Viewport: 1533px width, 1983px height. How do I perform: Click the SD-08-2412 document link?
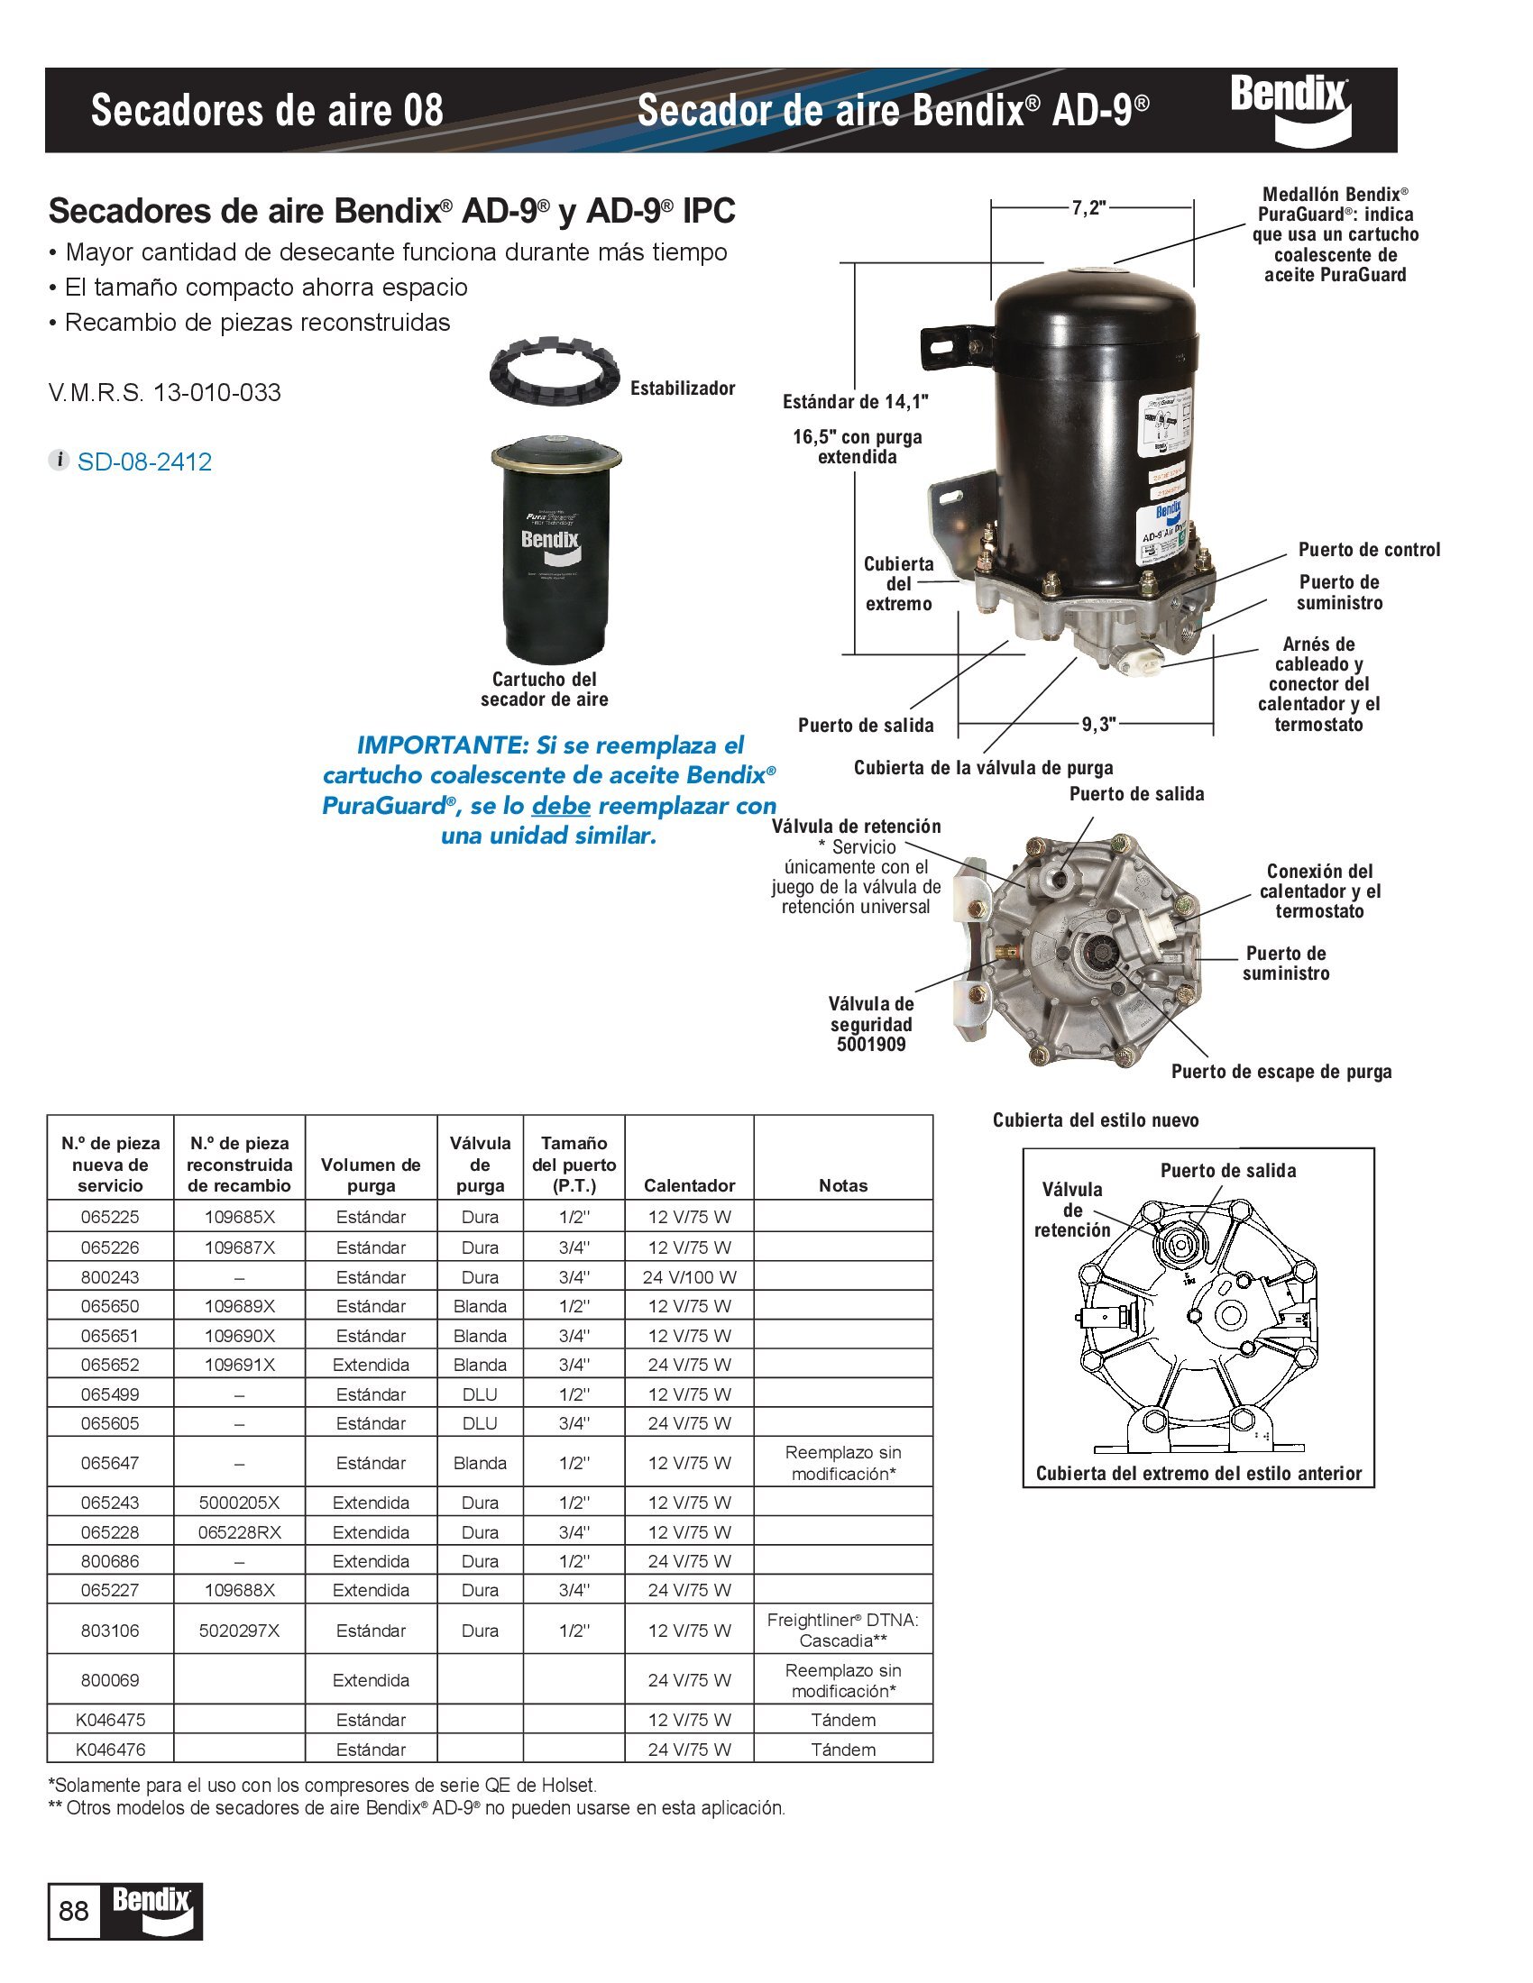(143, 461)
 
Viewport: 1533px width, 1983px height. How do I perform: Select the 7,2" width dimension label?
(1088, 208)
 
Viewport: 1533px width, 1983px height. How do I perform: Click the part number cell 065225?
(110, 1217)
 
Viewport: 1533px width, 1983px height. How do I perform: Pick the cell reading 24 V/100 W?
(688, 1276)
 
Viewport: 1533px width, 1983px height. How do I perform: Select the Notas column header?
(842, 1185)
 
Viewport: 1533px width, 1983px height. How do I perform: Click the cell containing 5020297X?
(239, 1630)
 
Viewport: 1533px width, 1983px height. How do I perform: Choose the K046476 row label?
(110, 1749)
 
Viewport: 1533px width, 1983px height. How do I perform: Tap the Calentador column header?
(688, 1185)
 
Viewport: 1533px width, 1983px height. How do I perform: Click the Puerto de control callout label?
(1369, 549)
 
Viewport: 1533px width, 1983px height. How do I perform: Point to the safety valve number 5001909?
(871, 1044)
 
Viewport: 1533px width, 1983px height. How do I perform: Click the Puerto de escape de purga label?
(1281, 1072)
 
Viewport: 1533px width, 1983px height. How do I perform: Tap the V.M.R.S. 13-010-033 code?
(164, 393)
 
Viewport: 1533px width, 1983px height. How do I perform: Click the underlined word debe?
(560, 805)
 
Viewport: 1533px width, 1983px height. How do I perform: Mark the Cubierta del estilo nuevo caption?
(1096, 1119)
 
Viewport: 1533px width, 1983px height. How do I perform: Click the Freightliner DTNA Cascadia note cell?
(842, 1630)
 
